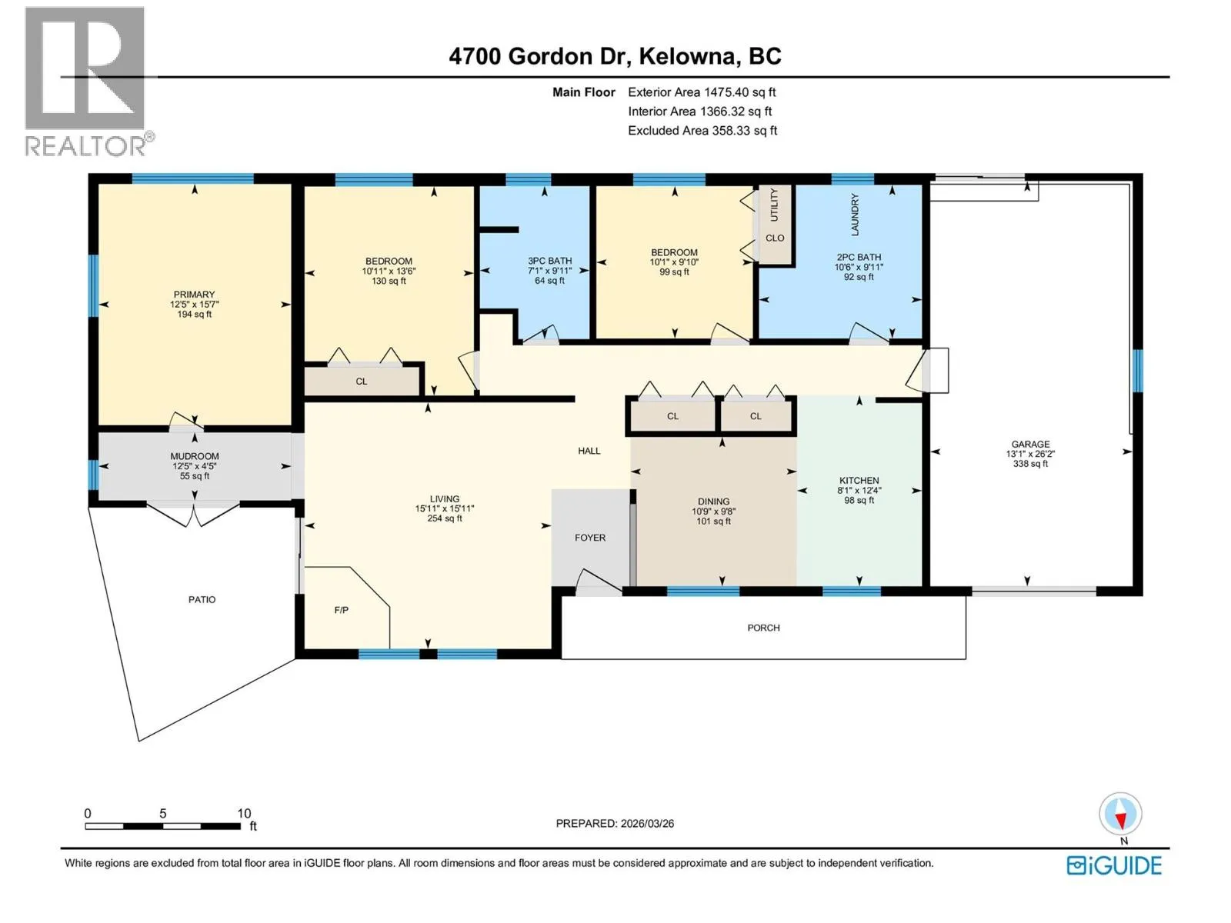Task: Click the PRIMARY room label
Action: click(x=194, y=295)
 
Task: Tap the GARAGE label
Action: click(x=1030, y=444)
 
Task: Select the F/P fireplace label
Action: click(x=341, y=610)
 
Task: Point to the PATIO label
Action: click(x=202, y=600)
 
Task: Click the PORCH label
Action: click(x=763, y=628)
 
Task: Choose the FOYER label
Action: click(x=590, y=538)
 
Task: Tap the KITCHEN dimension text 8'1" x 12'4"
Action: click(x=859, y=491)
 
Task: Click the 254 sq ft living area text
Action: click(x=445, y=518)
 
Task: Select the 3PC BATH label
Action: click(x=549, y=261)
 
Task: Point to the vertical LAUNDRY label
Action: click(x=855, y=214)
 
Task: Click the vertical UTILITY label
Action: click(x=774, y=205)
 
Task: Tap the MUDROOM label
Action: click(x=195, y=456)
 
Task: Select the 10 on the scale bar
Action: click(x=244, y=813)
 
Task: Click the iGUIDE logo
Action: click(x=1114, y=866)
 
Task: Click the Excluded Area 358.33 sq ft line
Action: click(x=702, y=131)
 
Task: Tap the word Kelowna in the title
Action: click(x=687, y=57)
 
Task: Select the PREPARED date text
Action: click(x=615, y=823)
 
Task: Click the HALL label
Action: click(x=589, y=451)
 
